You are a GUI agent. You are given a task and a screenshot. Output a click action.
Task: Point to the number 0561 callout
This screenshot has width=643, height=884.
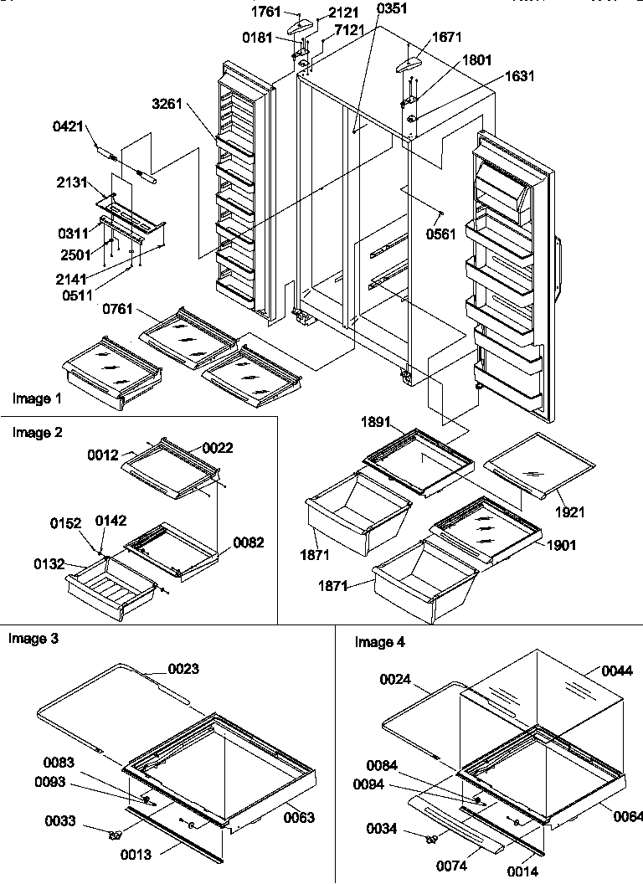pyautogui.click(x=441, y=234)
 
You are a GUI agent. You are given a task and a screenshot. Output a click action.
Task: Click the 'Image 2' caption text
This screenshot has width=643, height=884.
pyautogui.click(x=37, y=433)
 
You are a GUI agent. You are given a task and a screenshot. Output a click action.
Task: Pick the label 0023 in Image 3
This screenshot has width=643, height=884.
pyautogui.click(x=184, y=669)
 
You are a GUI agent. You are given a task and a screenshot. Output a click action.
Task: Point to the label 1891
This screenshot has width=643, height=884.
pyautogui.click(x=376, y=424)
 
